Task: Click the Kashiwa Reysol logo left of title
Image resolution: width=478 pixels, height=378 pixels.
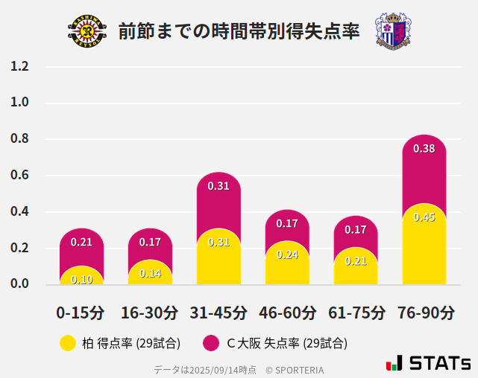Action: tap(87, 31)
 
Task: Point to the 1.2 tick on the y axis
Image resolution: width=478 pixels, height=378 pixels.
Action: tap(20, 66)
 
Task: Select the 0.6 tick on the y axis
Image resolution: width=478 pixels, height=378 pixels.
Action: tap(20, 176)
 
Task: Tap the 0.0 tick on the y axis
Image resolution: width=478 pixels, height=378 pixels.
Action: tap(20, 283)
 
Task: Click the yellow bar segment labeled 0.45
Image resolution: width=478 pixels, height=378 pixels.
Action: tap(424, 246)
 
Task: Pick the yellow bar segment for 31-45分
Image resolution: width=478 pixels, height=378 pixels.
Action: tap(218, 257)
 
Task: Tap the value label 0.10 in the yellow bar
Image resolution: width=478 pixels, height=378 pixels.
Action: tap(82, 280)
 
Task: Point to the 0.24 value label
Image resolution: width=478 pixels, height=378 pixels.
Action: tap(287, 255)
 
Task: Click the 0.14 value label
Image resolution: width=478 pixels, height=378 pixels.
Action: tap(150, 273)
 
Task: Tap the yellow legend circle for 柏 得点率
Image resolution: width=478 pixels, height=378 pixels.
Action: tap(68, 343)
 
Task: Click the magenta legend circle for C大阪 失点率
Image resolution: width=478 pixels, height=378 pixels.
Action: tap(212, 343)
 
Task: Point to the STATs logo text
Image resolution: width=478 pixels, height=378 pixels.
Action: tap(438, 363)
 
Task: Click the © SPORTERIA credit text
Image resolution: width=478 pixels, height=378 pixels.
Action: tap(295, 369)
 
